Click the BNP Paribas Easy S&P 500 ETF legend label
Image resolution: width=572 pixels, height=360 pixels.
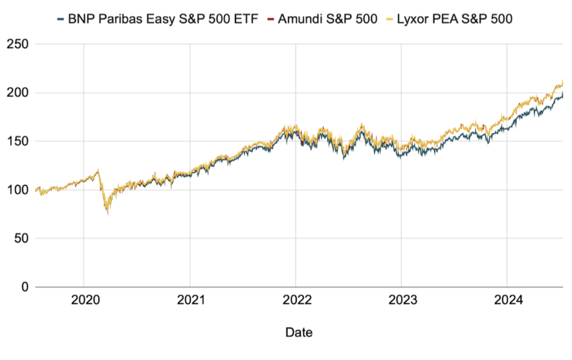point(162,19)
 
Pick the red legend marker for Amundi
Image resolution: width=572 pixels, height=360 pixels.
point(270,19)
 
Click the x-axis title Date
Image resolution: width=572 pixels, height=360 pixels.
point(298,332)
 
